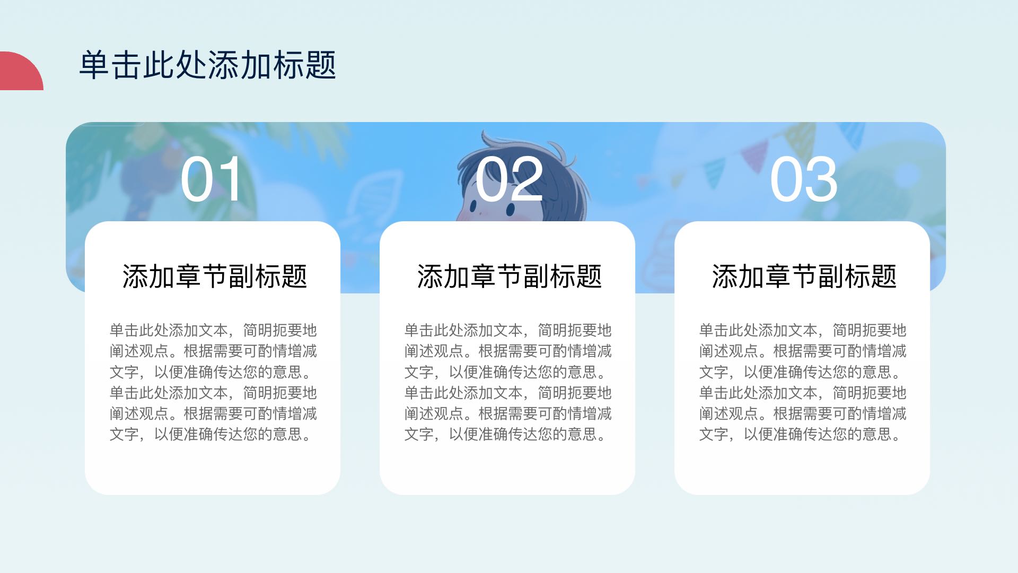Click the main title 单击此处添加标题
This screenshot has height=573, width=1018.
(207, 65)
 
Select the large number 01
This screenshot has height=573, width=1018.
(212, 179)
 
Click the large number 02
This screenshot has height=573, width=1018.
(509, 179)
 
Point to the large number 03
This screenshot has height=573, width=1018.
(804, 179)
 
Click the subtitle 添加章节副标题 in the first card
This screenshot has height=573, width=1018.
(215, 276)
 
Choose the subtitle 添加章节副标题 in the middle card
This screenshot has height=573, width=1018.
(510, 276)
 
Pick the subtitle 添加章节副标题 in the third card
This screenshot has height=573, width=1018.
(804, 276)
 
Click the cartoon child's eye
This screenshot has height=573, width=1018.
(511, 210)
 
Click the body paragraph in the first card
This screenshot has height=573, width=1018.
(213, 382)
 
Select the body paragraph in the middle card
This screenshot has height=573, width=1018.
(508, 382)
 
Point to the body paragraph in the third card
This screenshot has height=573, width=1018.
(803, 382)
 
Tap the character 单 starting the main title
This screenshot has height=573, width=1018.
(94, 65)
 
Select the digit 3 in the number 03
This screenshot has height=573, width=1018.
(821, 179)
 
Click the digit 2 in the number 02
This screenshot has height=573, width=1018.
(526, 179)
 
